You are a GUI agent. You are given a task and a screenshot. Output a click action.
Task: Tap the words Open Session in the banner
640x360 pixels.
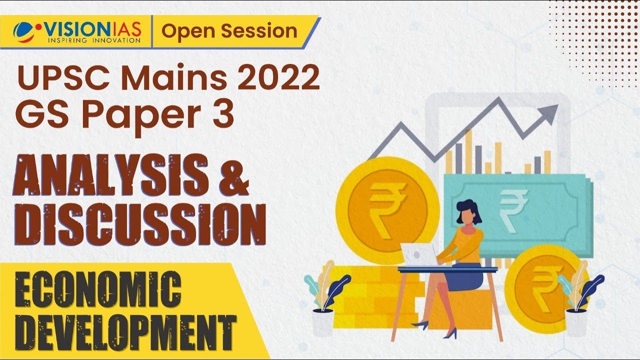[x=229, y=31]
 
